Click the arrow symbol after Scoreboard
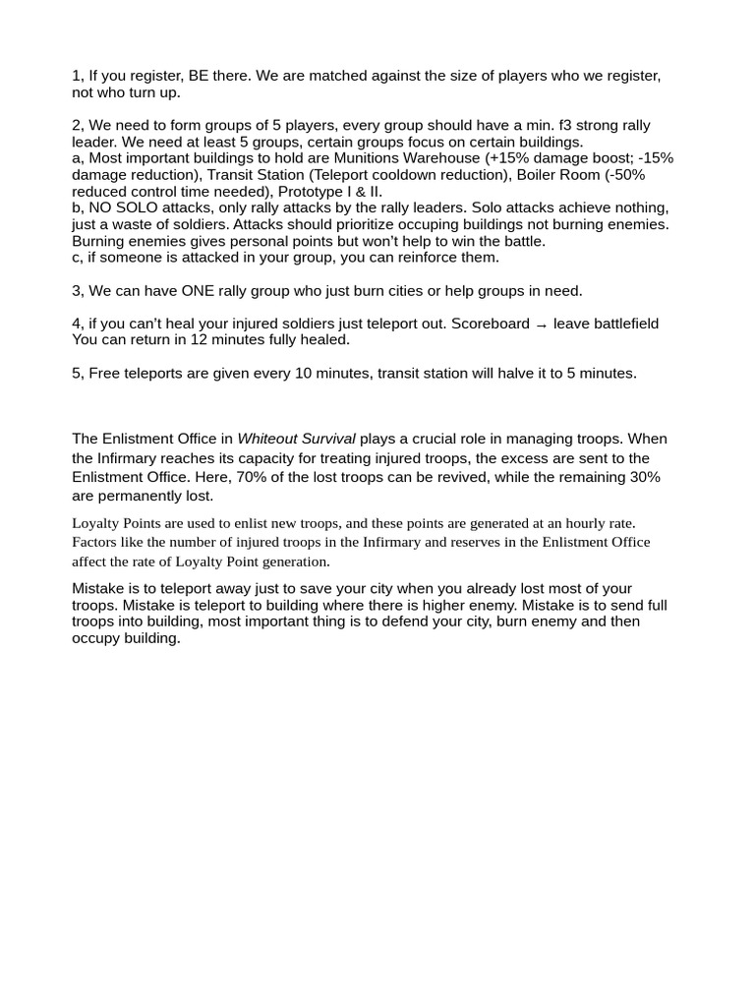pyautogui.click(x=542, y=325)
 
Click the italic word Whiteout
pyautogui.click(x=270, y=439)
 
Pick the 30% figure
pyautogui.click(x=646, y=477)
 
